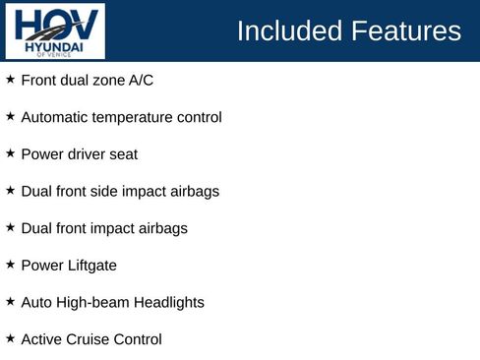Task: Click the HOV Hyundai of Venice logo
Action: coord(55,30)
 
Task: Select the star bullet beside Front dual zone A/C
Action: coord(10,79)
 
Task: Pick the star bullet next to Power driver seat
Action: coord(10,152)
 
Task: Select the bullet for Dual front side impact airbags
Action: coord(10,190)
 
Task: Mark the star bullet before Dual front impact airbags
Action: coord(10,226)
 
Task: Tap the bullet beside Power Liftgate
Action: coord(10,264)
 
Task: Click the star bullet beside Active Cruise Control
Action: coord(10,337)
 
